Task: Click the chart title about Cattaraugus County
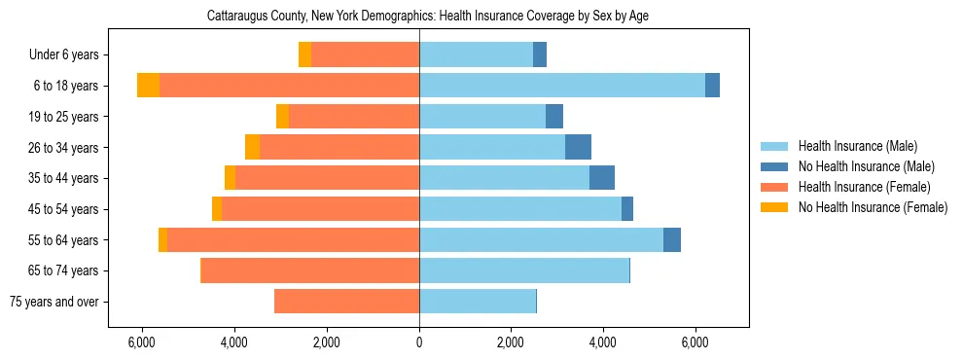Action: (427, 17)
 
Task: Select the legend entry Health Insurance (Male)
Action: (857, 146)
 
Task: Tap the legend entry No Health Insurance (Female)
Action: (872, 207)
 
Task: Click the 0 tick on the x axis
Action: (419, 342)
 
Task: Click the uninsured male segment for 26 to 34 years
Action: (578, 147)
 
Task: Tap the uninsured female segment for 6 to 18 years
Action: (148, 86)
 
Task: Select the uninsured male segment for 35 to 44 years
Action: (602, 178)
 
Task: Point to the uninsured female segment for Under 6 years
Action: (304, 54)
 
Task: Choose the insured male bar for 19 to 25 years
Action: (482, 117)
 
